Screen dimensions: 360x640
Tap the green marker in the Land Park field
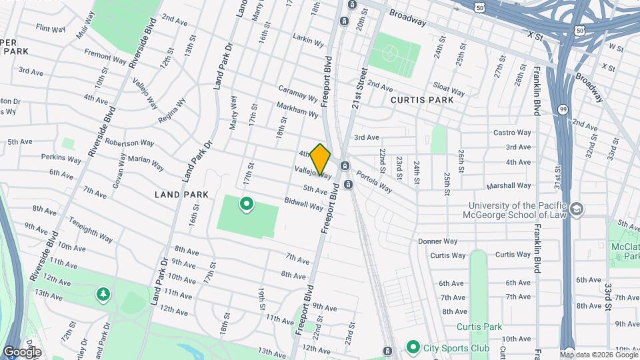coord(246,204)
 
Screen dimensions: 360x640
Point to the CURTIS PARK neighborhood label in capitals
coord(422,100)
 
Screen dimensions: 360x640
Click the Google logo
coord(22,352)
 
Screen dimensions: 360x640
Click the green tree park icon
coord(103,294)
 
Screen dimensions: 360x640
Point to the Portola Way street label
coord(374,179)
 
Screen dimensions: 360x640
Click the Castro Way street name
coord(512,133)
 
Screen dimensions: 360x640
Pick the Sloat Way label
coord(449,89)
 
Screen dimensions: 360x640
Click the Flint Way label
coord(51,29)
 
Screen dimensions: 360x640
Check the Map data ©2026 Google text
coord(599,354)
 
